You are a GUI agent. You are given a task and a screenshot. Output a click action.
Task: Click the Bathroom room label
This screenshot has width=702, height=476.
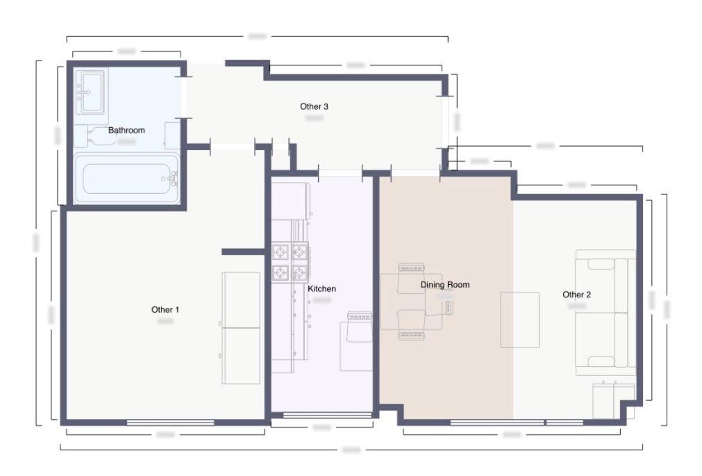(x=126, y=130)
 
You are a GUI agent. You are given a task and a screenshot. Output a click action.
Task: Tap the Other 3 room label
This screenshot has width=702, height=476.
(x=314, y=106)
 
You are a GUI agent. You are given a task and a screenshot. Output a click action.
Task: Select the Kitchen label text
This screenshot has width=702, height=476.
(x=321, y=288)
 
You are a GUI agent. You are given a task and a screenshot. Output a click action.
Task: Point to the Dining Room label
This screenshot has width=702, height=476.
(x=444, y=284)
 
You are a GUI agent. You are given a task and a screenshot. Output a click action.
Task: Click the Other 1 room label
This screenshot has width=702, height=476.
(x=165, y=309)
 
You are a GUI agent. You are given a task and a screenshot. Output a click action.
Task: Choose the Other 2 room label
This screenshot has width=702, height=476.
(x=576, y=295)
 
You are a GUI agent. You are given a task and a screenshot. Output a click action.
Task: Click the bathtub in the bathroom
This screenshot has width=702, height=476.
(x=127, y=179)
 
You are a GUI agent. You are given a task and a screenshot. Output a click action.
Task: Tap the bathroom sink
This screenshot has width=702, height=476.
(x=90, y=92)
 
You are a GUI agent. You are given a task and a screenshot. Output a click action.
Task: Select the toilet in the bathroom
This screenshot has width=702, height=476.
(x=97, y=136)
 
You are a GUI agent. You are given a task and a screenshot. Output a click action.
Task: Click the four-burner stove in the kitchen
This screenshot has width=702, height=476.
(x=290, y=261)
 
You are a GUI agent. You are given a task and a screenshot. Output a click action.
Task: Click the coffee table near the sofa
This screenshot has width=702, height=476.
(x=520, y=320)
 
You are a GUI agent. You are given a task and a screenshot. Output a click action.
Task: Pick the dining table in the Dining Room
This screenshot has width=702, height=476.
(x=411, y=302)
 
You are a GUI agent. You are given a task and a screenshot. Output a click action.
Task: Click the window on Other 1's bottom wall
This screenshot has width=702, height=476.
(x=170, y=422)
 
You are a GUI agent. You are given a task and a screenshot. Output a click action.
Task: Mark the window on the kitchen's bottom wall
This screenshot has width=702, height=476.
(x=328, y=416)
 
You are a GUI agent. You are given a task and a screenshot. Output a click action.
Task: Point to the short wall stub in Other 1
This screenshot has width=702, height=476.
(x=244, y=251)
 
